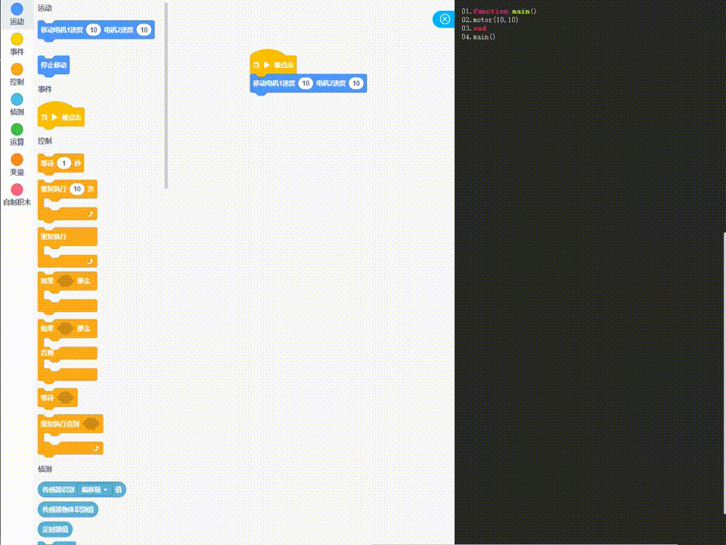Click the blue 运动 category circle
(x=17, y=10)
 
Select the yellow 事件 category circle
(x=17, y=39)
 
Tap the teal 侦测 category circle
(x=17, y=99)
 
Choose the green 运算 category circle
(x=17, y=129)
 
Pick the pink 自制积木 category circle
(x=17, y=189)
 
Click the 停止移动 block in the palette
(x=54, y=65)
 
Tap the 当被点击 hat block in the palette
(x=60, y=117)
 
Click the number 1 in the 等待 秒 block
(x=64, y=163)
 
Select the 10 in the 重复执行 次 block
(x=76, y=188)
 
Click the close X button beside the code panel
(x=445, y=19)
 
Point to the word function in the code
(x=491, y=11)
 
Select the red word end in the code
(x=479, y=28)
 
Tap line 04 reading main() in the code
(x=484, y=36)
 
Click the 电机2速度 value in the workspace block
(x=356, y=83)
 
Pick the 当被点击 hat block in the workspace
(x=273, y=64)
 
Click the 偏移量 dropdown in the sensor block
(x=95, y=490)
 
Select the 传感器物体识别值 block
(x=67, y=509)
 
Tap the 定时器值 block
(x=55, y=529)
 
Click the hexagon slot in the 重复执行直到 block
(x=92, y=424)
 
